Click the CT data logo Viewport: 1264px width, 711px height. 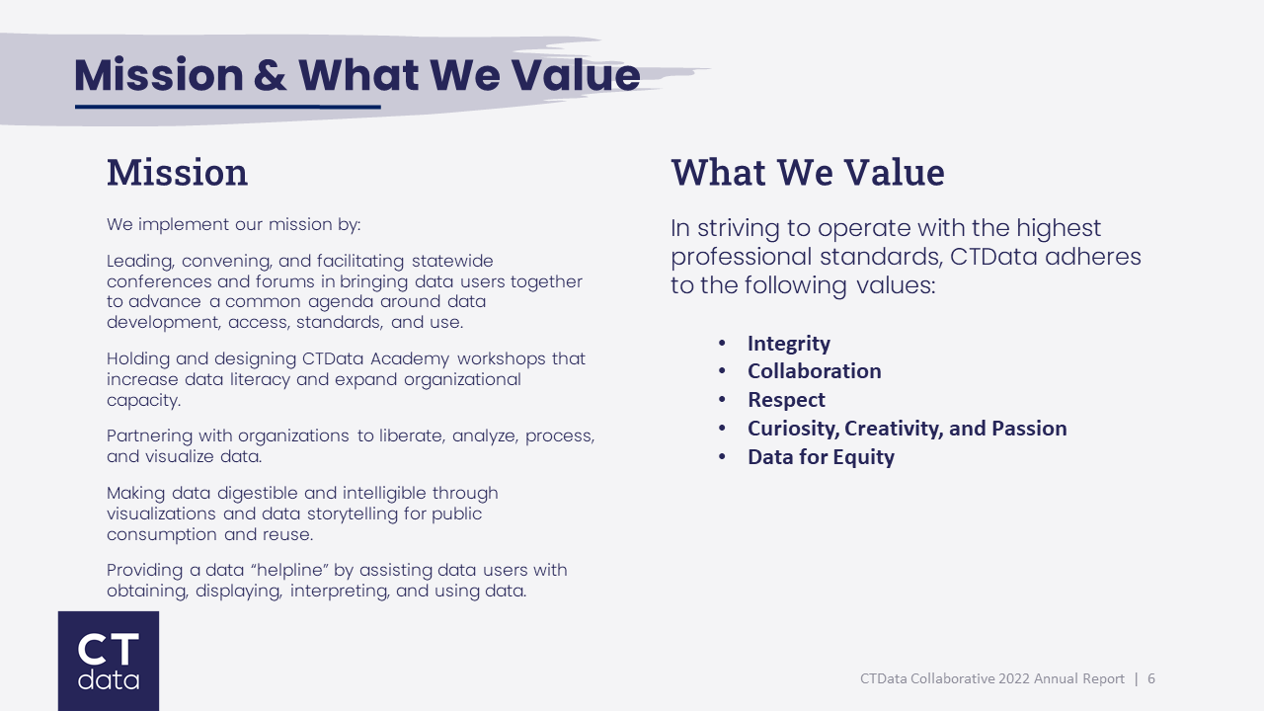click(x=109, y=661)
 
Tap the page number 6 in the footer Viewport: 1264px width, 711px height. click(x=1151, y=679)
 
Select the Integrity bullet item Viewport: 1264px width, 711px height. click(x=788, y=344)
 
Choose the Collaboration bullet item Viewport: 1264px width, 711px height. click(x=814, y=371)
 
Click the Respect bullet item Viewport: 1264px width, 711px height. click(x=786, y=400)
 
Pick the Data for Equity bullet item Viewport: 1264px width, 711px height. click(x=821, y=457)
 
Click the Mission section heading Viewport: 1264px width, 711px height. click(x=177, y=173)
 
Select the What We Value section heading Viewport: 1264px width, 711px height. click(x=807, y=173)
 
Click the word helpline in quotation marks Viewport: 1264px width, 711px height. click(x=280, y=571)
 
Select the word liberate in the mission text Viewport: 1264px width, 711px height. click(x=413, y=435)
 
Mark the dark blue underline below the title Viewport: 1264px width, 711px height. click(x=227, y=107)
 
